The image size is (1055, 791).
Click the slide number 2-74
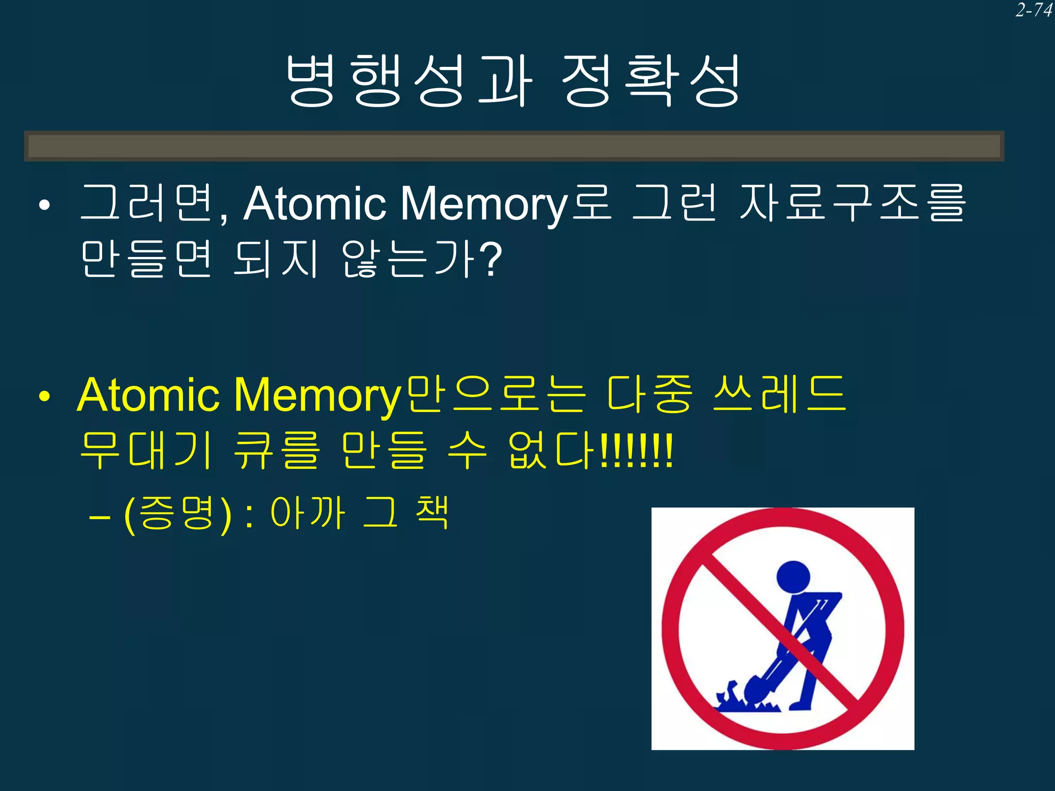tap(1033, 10)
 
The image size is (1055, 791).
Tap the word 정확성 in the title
tap(651, 81)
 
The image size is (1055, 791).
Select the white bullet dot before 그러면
tap(45, 205)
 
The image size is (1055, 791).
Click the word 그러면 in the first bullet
tap(147, 203)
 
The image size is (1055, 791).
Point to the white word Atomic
tap(314, 204)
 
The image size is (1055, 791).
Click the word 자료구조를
tap(852, 203)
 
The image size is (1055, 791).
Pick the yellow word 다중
tap(650, 394)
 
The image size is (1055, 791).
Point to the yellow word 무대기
tap(146, 451)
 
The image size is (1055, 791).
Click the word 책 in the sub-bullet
tap(432, 512)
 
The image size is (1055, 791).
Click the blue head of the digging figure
tap(793, 576)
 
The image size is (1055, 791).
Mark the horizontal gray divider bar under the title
tap(514, 146)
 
